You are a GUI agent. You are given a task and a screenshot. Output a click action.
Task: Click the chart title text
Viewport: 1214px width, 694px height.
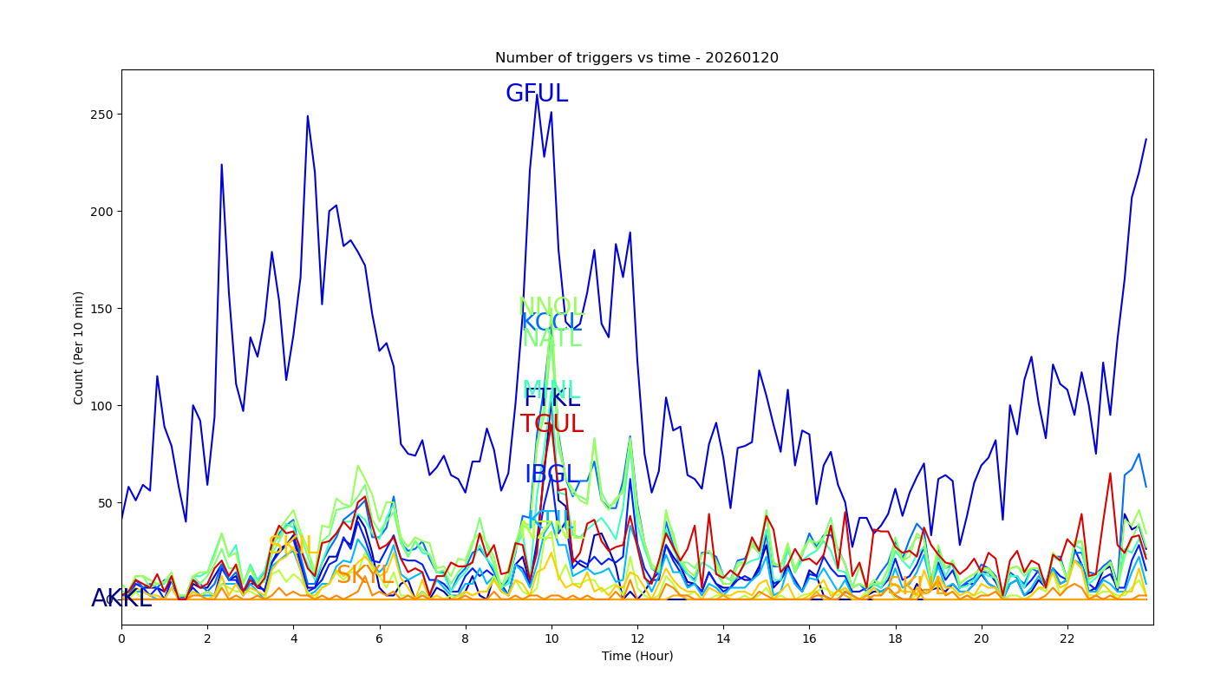coord(636,58)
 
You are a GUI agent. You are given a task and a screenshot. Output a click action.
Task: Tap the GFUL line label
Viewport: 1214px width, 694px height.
coord(537,94)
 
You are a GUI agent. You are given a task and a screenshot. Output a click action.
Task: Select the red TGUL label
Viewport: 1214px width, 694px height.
coord(552,424)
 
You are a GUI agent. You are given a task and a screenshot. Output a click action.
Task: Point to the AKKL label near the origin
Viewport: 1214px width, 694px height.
coord(121,599)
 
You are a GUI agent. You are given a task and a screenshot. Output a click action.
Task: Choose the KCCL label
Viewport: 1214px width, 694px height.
coord(552,323)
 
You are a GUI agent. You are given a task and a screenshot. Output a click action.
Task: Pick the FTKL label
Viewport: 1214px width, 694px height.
coord(552,398)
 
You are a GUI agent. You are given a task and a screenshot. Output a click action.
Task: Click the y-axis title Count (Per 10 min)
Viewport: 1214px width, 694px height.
coord(79,347)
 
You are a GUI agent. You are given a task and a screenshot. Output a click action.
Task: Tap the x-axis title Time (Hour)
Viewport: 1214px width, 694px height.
coord(637,656)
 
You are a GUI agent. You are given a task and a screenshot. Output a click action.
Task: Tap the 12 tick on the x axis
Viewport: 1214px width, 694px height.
coord(637,638)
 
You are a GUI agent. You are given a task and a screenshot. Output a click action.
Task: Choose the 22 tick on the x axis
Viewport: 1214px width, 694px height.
coord(1067,638)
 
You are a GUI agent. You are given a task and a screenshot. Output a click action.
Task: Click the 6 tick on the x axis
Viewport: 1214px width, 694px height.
coord(379,638)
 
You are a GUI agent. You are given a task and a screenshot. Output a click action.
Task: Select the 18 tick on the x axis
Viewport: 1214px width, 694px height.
coord(896,638)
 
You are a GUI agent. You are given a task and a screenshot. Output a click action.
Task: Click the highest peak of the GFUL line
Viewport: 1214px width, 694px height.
coord(537,95)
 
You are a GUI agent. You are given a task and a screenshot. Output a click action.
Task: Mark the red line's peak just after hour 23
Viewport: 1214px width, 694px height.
coord(1110,473)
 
